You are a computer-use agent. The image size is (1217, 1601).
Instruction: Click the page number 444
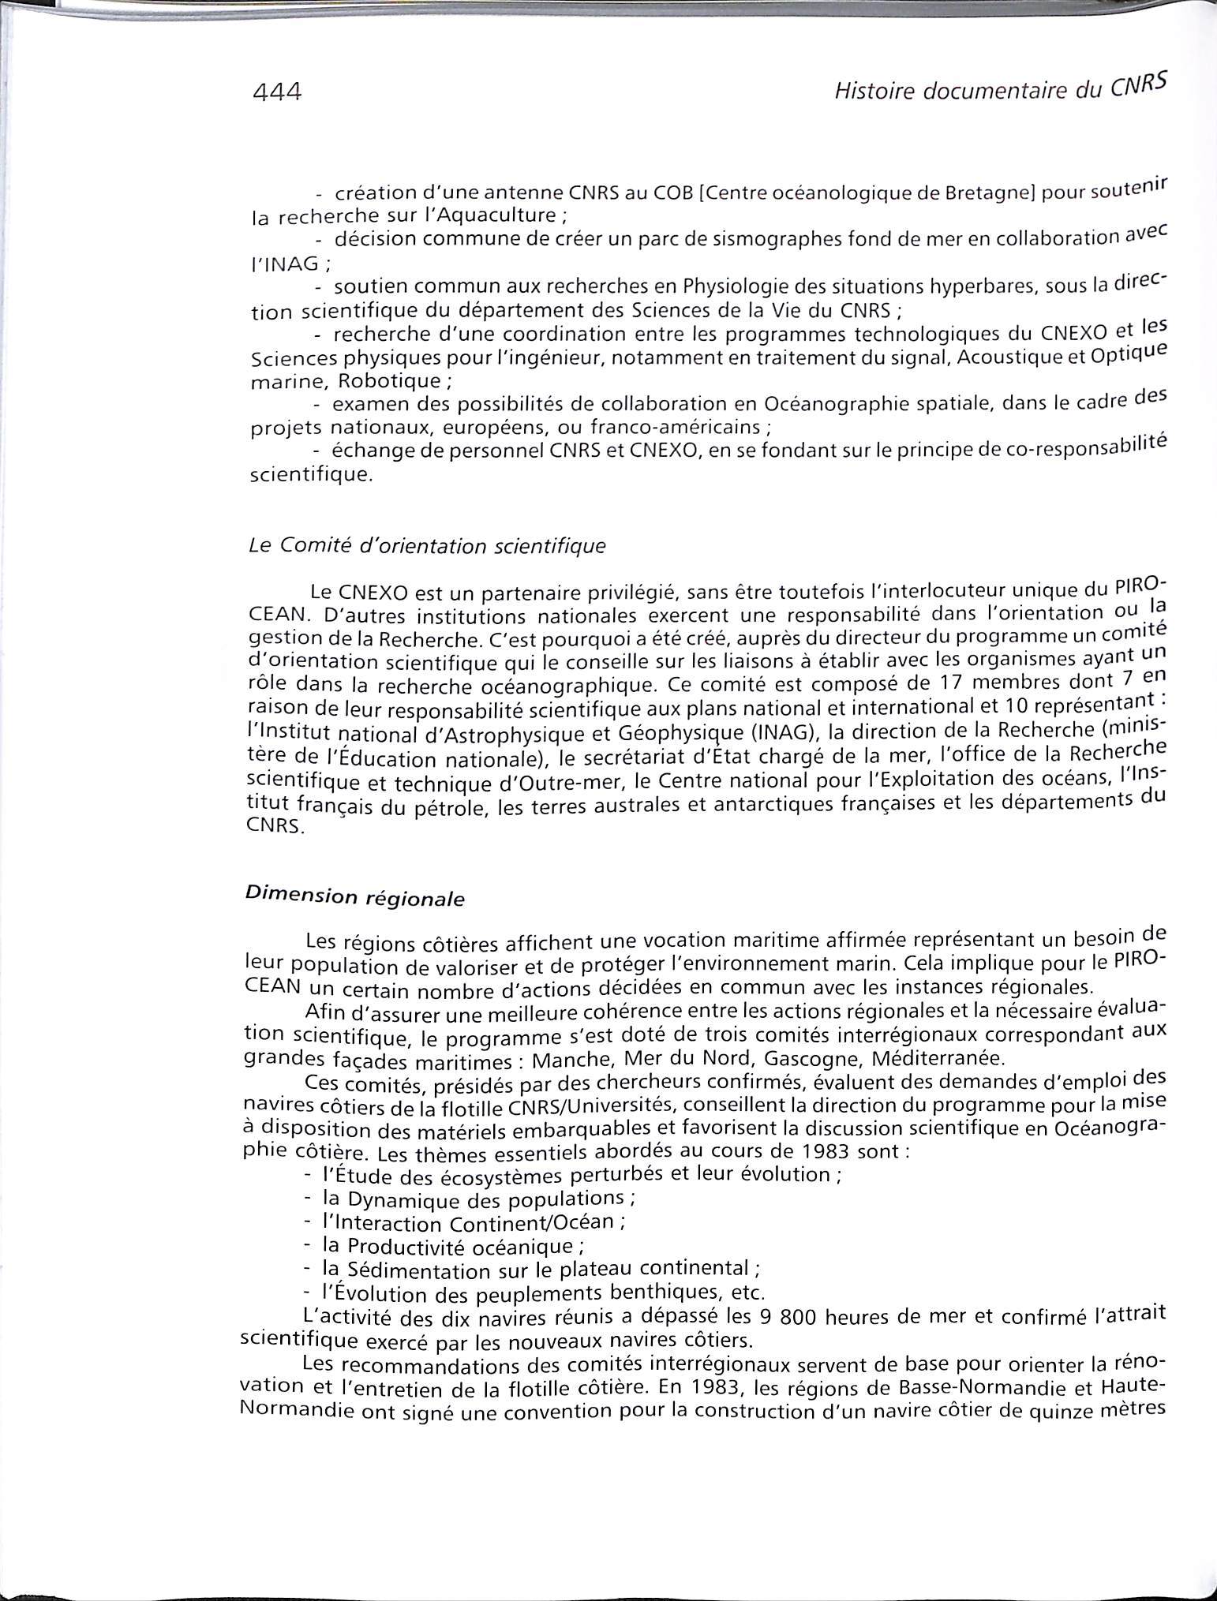[277, 92]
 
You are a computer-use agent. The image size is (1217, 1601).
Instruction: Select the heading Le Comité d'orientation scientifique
[427, 545]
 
